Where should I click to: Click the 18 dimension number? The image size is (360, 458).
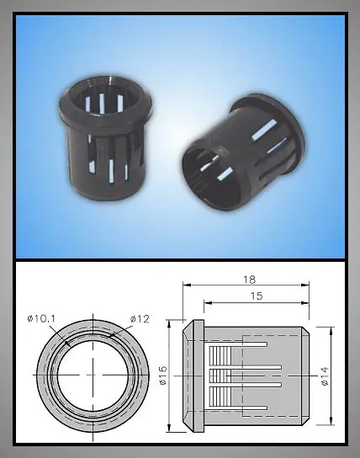[250, 280]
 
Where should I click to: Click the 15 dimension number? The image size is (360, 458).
[257, 296]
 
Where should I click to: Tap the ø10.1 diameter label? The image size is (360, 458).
[41, 318]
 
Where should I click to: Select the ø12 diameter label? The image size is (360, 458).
[140, 319]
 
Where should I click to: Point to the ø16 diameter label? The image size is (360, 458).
[163, 375]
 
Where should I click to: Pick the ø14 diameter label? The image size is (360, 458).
[325, 376]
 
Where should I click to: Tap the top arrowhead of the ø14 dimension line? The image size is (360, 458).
[331, 331]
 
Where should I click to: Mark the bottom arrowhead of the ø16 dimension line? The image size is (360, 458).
[169, 428]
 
